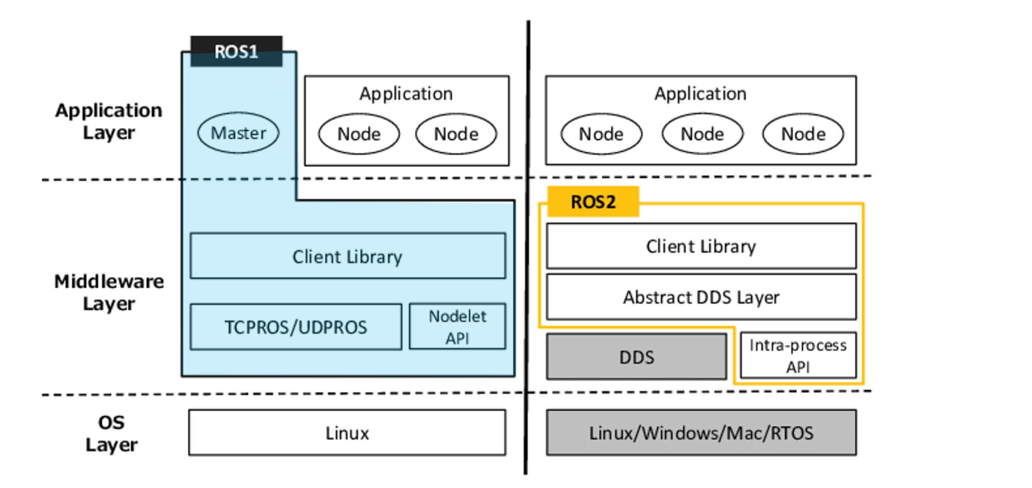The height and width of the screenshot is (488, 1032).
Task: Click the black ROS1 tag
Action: (x=236, y=52)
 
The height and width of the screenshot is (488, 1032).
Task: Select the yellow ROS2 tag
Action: (x=593, y=202)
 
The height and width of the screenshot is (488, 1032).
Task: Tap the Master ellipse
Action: (x=238, y=134)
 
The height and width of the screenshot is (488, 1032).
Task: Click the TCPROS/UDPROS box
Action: (x=296, y=326)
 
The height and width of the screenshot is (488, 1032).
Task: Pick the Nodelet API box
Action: (x=457, y=326)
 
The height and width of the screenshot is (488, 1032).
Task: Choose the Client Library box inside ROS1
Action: (x=347, y=256)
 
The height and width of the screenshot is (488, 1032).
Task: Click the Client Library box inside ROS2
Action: (x=701, y=246)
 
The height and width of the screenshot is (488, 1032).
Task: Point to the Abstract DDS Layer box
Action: (x=701, y=297)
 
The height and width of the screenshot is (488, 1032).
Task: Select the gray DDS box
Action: (x=637, y=357)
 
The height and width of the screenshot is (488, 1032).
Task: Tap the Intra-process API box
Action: (x=798, y=356)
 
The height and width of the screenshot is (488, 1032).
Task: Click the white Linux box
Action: (x=347, y=433)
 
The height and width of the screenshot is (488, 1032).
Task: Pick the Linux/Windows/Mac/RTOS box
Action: (x=701, y=433)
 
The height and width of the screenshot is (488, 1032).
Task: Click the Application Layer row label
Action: (x=109, y=122)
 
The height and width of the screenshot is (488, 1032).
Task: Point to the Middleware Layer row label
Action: (x=109, y=293)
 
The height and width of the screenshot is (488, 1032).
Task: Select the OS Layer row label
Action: (x=111, y=433)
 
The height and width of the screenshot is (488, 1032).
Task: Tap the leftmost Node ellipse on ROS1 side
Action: (x=359, y=135)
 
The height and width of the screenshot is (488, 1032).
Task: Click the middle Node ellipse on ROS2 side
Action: (x=702, y=135)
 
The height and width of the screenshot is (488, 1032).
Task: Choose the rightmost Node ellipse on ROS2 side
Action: (x=803, y=135)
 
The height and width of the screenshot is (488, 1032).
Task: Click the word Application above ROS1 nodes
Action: (x=406, y=94)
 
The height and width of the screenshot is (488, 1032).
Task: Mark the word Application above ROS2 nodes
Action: (x=700, y=94)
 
